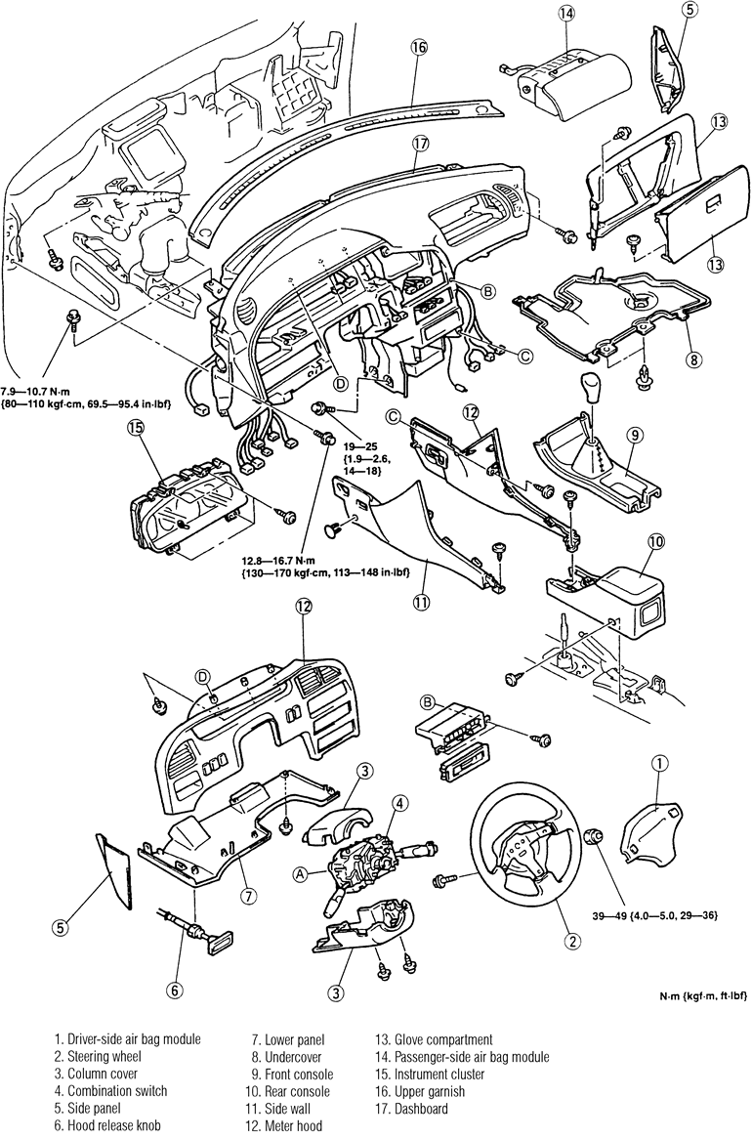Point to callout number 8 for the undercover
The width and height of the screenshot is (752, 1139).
tap(693, 359)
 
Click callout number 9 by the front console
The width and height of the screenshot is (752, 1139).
tap(634, 436)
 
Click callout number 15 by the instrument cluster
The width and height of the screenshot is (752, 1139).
tap(135, 428)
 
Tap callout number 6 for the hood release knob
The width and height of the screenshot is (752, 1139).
tap(173, 989)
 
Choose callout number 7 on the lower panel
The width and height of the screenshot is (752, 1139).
tap(248, 896)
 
